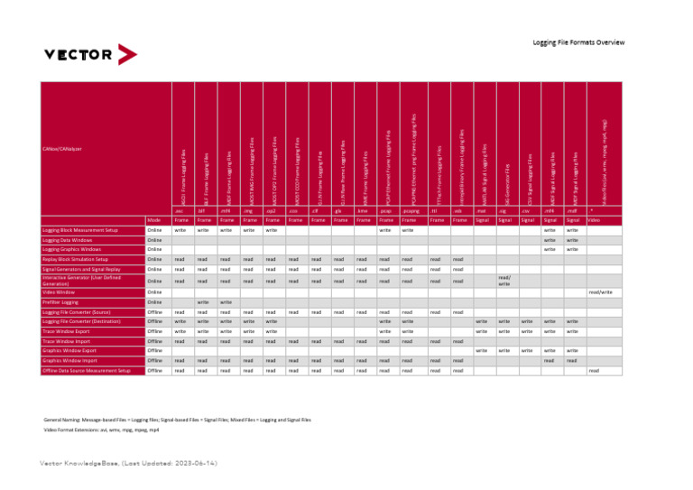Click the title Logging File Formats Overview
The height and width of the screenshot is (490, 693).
(591, 42)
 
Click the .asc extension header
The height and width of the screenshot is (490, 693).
(180, 210)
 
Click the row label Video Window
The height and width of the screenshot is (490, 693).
(60, 292)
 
